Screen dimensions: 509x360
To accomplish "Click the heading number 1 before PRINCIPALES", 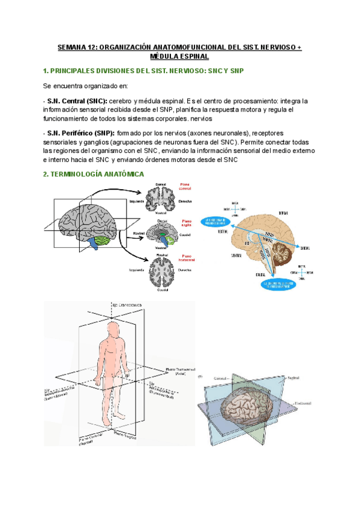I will coord(46,71).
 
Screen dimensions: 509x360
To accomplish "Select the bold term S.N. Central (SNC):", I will coord(77,100).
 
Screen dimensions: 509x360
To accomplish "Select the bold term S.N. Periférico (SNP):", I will coord(80,132).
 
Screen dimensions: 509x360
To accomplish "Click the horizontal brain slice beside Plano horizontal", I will coord(161,271).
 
